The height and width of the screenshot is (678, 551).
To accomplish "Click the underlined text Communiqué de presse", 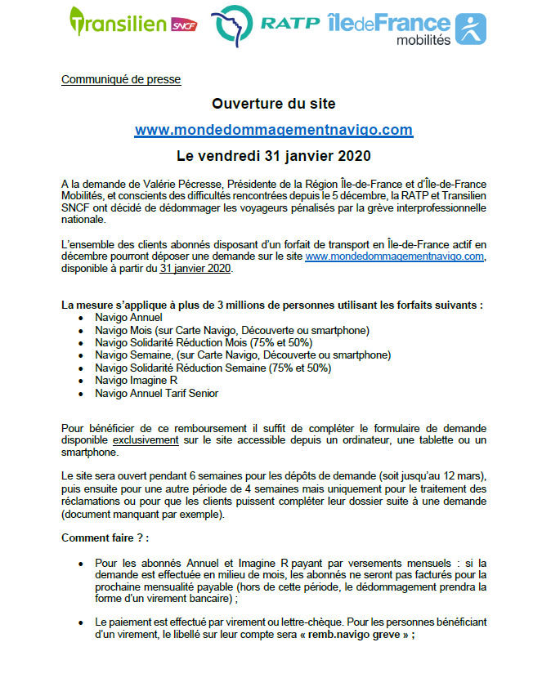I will pyautogui.click(x=121, y=79).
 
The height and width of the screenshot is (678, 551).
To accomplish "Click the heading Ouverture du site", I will pyautogui.click(x=274, y=104).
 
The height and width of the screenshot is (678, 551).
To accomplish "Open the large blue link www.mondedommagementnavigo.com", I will pyautogui.click(x=274, y=130).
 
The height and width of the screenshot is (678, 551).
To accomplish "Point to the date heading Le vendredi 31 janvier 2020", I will pyautogui.click(x=274, y=155).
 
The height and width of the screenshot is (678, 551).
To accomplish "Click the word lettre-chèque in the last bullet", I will pyautogui.click(x=291, y=622).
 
